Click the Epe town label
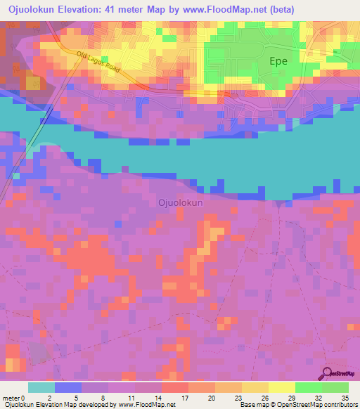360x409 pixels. point(279,61)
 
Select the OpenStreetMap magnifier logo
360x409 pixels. point(328,374)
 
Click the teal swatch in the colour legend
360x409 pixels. point(41,387)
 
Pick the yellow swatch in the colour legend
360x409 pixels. point(281,387)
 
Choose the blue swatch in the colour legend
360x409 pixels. point(67,387)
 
